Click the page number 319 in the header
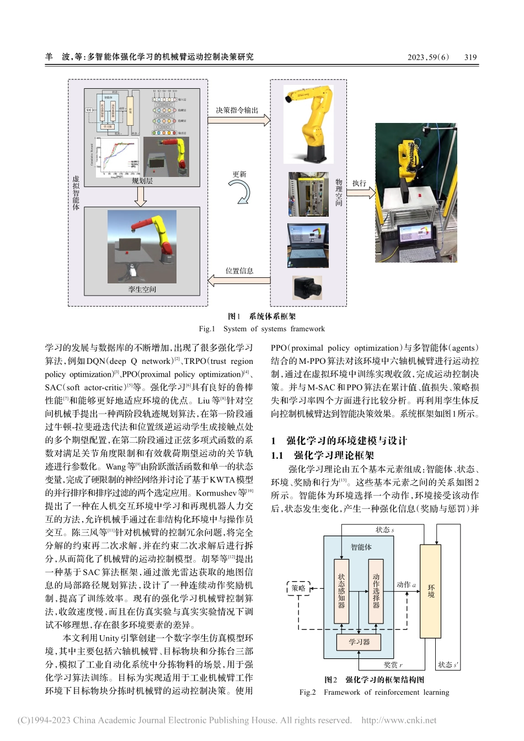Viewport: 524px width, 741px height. point(470,57)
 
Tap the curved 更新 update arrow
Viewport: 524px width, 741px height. point(241,192)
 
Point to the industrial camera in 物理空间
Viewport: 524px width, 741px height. point(307,288)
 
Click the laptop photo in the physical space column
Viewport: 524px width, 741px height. point(308,245)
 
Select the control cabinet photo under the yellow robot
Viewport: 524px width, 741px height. point(308,195)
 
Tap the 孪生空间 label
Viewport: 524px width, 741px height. point(142,289)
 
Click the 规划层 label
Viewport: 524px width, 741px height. point(142,181)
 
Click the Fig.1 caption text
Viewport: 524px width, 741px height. point(261,329)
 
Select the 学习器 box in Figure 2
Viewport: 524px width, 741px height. point(359,642)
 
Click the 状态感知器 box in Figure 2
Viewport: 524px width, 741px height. point(341,591)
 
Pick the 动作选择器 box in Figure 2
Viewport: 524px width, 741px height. point(376,591)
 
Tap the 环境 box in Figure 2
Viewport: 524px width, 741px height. point(431,591)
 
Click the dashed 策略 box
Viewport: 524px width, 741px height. point(298,588)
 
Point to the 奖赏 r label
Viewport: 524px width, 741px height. point(393,665)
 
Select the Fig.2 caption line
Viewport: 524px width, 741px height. point(374,692)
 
